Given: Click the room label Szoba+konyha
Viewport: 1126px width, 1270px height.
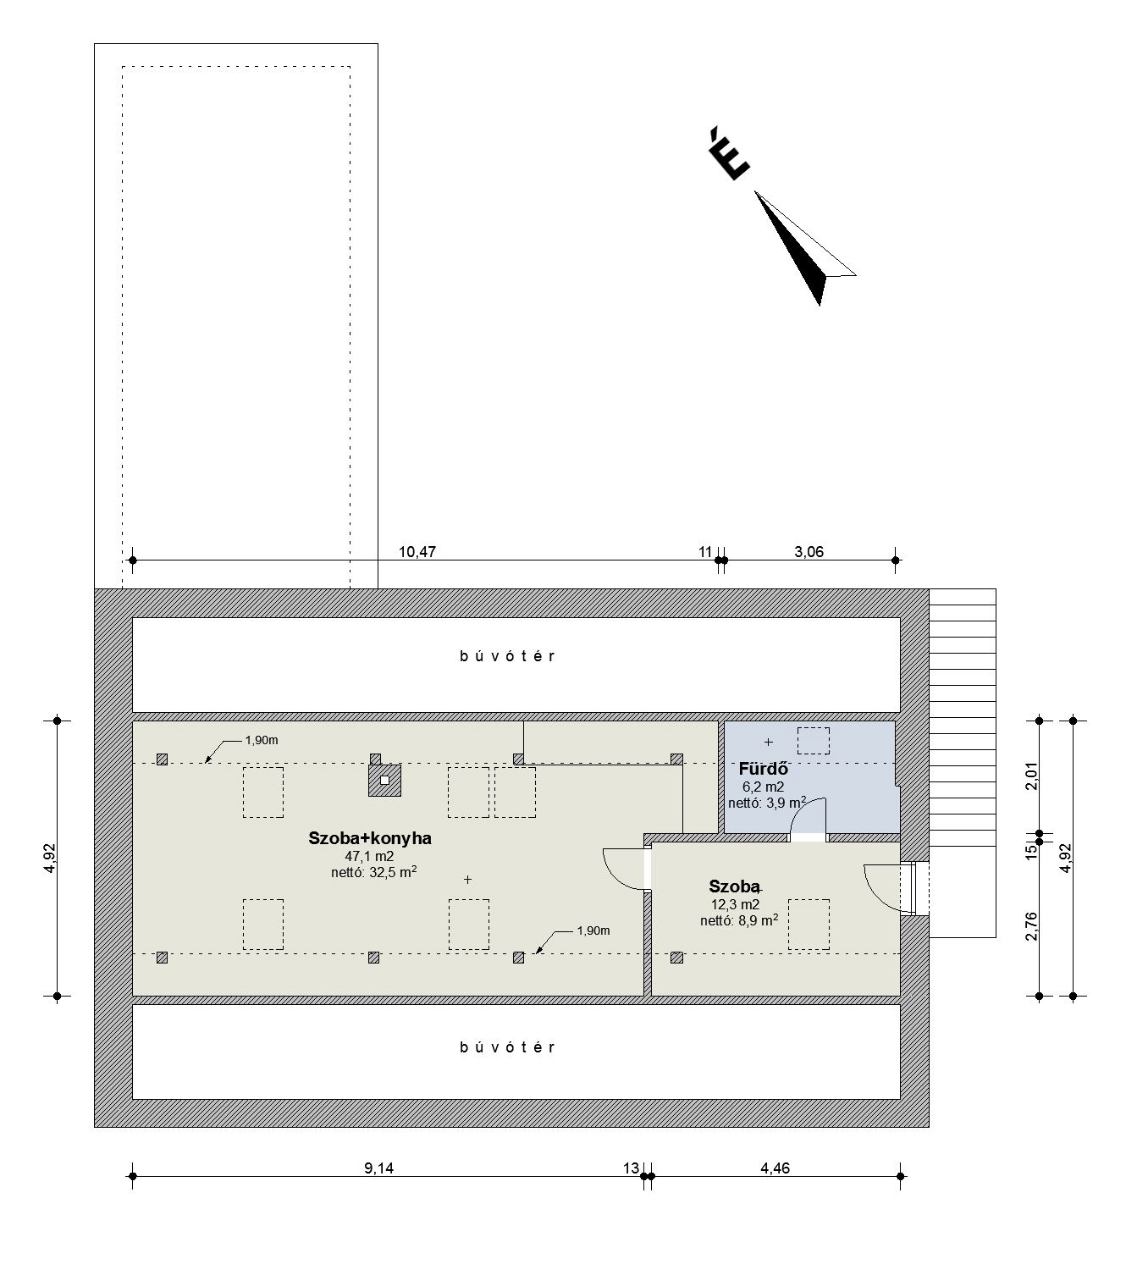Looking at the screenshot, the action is (x=369, y=839).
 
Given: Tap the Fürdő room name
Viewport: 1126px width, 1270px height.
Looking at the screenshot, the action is (x=763, y=769).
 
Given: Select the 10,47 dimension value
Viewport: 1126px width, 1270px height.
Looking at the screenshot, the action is (x=417, y=552).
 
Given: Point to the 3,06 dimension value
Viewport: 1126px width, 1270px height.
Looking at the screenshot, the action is (x=809, y=552).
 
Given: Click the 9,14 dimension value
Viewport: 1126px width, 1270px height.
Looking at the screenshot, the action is (x=378, y=1168).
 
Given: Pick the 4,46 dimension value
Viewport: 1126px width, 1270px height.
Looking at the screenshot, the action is (x=775, y=1168).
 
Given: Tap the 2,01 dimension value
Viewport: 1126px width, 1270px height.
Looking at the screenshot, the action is (x=1031, y=776).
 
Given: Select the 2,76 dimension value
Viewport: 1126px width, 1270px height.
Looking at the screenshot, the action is (x=1031, y=926).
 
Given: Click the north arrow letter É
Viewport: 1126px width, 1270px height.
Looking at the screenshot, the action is (x=729, y=154).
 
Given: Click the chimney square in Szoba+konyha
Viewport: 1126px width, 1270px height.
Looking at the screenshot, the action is (x=384, y=781).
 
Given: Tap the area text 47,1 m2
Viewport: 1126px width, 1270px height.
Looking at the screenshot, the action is (x=369, y=856).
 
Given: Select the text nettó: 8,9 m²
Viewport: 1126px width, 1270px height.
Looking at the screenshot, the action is (x=739, y=920).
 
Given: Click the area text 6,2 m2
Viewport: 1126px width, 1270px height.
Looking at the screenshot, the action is (x=763, y=787).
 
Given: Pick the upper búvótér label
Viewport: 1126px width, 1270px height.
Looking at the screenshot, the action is (x=507, y=656).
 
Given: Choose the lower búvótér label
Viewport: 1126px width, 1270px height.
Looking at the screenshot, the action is (x=507, y=1047).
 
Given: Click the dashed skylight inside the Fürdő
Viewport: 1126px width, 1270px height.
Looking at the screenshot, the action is (x=813, y=740).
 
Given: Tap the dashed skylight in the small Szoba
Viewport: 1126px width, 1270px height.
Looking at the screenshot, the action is (x=809, y=925).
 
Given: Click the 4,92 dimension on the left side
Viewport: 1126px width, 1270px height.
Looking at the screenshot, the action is (x=50, y=858).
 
